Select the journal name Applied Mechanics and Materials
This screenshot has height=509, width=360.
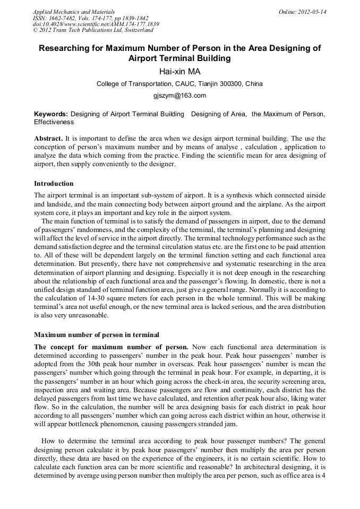(74, 11)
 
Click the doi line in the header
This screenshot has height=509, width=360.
(96, 24)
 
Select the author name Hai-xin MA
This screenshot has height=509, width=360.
(179, 71)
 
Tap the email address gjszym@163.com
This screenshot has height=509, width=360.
(179, 96)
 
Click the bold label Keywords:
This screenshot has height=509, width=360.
(51, 114)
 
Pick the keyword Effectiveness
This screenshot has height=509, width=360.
(54, 122)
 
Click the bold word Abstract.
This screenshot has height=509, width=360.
(48, 138)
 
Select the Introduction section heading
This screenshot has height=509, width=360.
(54, 184)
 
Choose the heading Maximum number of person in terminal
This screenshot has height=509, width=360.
(97, 335)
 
